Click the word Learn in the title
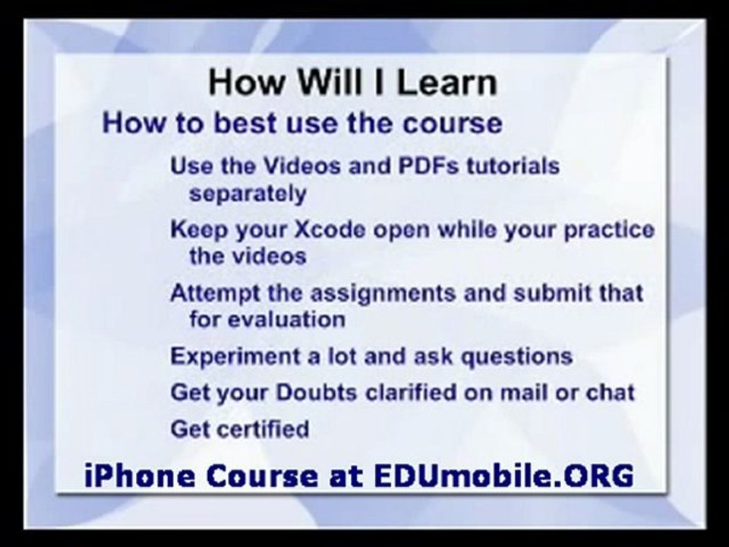[447, 83]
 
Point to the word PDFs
[428, 166]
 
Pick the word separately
[248, 194]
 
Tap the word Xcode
[330, 229]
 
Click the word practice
[609, 230]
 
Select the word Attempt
[215, 293]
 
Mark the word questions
[516, 357]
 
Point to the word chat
[610, 393]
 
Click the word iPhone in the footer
[140, 476]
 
